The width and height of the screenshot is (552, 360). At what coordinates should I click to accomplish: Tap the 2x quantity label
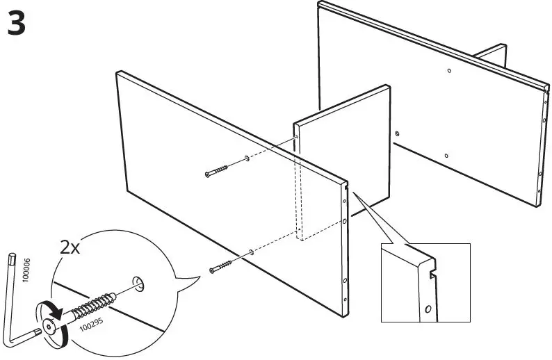click(x=70, y=247)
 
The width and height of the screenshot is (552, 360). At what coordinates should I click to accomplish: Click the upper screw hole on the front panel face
click(x=247, y=159)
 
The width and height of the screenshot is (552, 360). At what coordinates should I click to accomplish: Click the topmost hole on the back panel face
click(x=450, y=71)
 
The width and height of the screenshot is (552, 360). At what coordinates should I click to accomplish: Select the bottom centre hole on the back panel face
click(x=446, y=156)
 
